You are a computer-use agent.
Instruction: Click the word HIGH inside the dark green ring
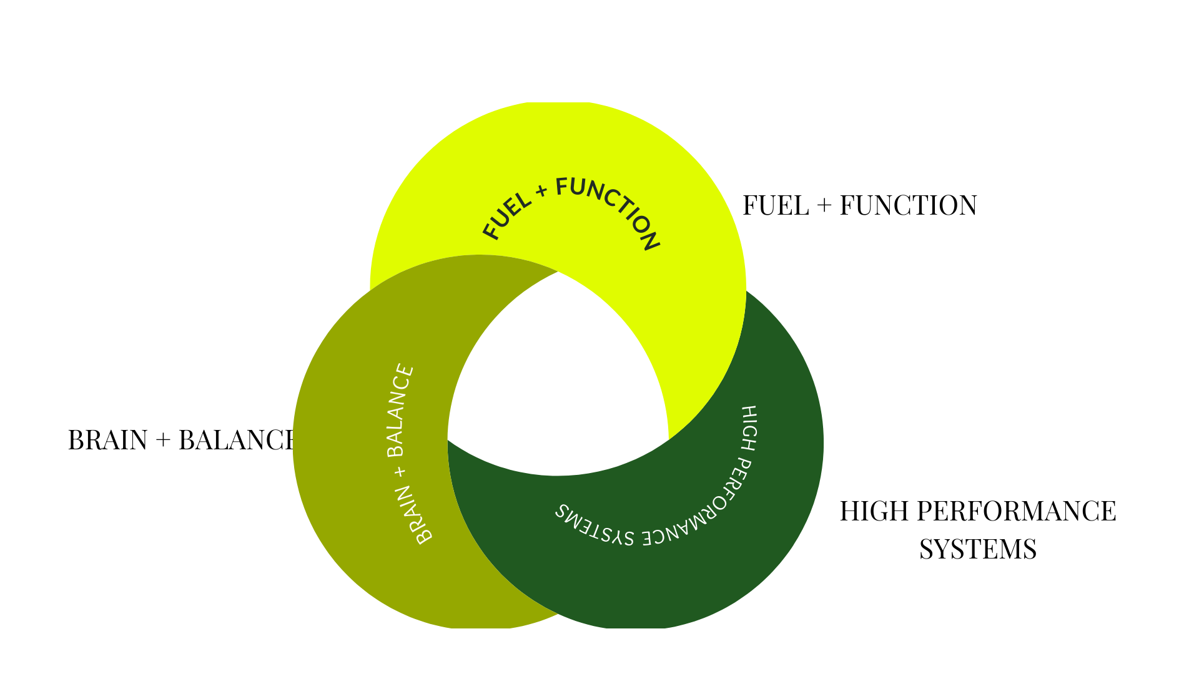point(749,428)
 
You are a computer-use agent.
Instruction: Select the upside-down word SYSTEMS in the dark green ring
point(594,527)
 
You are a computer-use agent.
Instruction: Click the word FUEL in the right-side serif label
point(776,205)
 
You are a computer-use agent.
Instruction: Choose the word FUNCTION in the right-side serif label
point(908,205)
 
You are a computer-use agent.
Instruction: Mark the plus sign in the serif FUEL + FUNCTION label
point(824,206)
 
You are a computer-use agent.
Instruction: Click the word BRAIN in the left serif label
point(107,440)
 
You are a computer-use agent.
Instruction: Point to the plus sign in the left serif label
point(163,441)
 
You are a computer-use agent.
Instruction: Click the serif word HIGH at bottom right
point(874,511)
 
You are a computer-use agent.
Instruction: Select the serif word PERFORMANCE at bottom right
point(1016,511)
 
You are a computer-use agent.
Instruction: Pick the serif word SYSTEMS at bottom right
point(978,549)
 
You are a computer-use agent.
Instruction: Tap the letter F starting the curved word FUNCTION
point(563,186)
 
